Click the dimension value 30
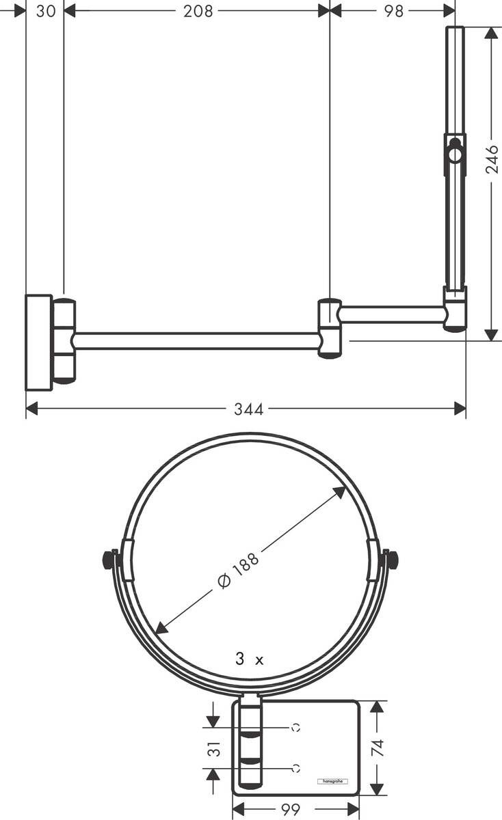tap(46, 11)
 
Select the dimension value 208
tap(198, 11)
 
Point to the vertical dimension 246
tap(492, 159)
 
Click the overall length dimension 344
tap(248, 409)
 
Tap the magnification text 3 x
tap(249, 659)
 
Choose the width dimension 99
tap(291, 810)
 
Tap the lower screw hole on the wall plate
tap(295, 768)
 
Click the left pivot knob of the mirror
tap(108, 560)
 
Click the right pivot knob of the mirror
tap(391, 560)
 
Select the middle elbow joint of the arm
tap(329, 328)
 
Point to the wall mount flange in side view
tap(38, 342)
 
